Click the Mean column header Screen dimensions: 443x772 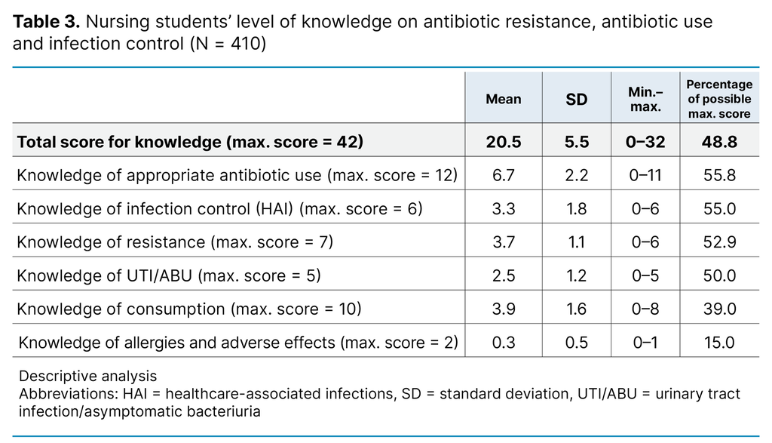(503, 99)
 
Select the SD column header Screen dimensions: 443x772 (576, 99)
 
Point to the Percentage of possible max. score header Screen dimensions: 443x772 (718, 99)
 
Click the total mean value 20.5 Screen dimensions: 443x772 (503, 142)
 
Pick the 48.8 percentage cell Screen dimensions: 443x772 (718, 142)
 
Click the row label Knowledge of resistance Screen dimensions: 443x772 (175, 242)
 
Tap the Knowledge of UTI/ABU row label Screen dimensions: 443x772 (169, 275)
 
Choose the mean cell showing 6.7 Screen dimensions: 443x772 (503, 176)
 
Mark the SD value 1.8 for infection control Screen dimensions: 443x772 (576, 209)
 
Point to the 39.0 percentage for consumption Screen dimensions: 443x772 (718, 309)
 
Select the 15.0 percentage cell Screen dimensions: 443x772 (718, 343)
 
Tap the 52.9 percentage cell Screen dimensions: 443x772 (718, 242)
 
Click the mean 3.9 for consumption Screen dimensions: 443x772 (503, 309)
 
